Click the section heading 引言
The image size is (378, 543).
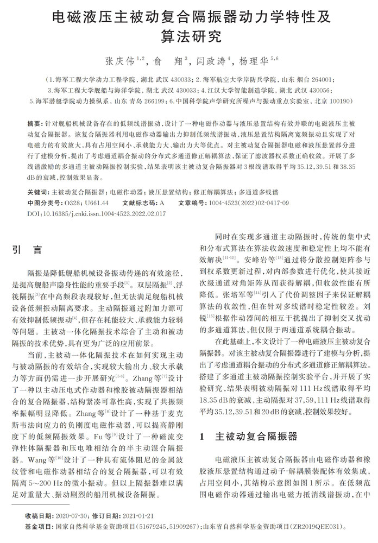[27, 250]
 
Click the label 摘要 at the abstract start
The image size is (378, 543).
[33, 125]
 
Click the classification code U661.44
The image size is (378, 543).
[95, 203]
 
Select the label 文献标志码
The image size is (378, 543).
[139, 203]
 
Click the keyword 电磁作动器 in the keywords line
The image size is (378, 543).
[129, 192]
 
